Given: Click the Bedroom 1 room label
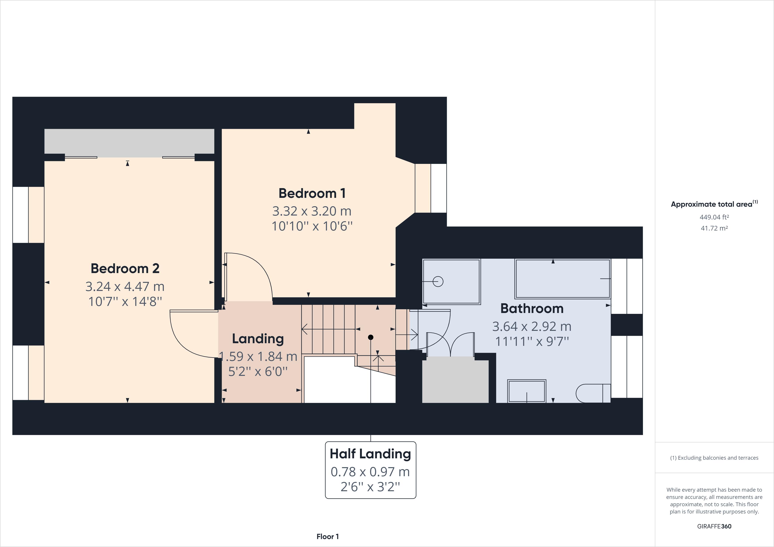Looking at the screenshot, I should (x=312, y=193).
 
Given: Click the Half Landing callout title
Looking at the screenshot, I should (x=370, y=454).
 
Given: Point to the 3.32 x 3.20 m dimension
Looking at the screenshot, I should (x=312, y=211).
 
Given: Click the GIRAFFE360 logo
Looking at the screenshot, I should (x=714, y=526).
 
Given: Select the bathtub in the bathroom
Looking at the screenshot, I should (x=562, y=279).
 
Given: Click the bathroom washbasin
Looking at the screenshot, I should (x=527, y=391).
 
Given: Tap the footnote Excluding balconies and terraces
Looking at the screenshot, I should (x=714, y=458).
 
